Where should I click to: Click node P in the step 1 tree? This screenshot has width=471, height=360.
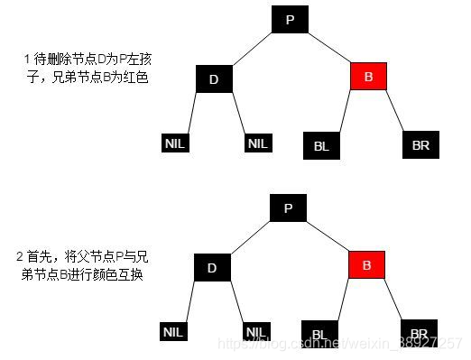pyautogui.click(x=289, y=19)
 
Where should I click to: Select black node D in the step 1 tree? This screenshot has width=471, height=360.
pyautogui.click(x=214, y=78)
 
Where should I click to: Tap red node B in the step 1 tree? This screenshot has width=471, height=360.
pyautogui.click(x=368, y=77)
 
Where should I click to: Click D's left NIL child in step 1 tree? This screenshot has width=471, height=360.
pyautogui.click(x=174, y=143)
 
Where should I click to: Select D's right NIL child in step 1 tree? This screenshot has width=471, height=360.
pyautogui.click(x=257, y=143)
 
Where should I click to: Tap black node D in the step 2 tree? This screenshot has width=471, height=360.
pyautogui.click(x=214, y=267)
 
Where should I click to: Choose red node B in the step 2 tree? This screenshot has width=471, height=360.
pyautogui.click(x=366, y=265)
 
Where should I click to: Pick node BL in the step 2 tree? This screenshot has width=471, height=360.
pyautogui.click(x=320, y=332)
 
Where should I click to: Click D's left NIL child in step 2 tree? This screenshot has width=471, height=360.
pyautogui.click(x=174, y=332)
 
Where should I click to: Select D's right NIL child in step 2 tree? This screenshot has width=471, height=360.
pyautogui.click(x=257, y=332)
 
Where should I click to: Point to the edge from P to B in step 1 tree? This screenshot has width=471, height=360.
pyautogui.click(x=328, y=48)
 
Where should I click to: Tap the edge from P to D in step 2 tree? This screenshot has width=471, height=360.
pyautogui.click(x=251, y=236)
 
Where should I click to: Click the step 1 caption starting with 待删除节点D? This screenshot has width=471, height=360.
pyautogui.click(x=85, y=69)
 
